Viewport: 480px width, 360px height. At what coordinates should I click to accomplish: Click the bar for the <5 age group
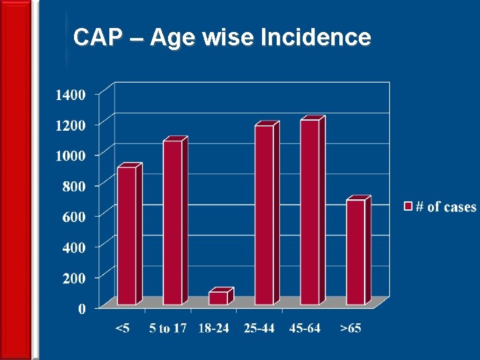[x=127, y=235]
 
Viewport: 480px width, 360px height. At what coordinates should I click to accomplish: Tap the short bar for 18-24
[x=218, y=298]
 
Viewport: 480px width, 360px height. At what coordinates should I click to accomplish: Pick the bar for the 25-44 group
[x=264, y=215]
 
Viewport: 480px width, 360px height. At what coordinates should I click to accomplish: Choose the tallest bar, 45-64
[x=309, y=212]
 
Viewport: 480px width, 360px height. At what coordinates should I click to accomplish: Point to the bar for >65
[x=355, y=252]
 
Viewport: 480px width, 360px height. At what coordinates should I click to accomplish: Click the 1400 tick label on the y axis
[x=70, y=95]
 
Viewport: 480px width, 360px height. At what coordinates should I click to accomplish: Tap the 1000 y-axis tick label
[x=70, y=155]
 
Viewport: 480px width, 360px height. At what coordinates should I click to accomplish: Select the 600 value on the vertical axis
[x=73, y=217]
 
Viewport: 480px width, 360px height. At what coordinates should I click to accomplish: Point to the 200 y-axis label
[x=73, y=278]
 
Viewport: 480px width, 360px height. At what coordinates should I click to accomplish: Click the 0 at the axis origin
[x=82, y=309]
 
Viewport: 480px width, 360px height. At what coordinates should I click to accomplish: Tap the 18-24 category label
[x=214, y=329]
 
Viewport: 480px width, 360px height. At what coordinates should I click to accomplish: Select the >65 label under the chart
[x=351, y=329]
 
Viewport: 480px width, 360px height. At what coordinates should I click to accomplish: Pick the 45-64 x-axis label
[x=305, y=329]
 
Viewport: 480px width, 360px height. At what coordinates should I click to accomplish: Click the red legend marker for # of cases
[x=408, y=207]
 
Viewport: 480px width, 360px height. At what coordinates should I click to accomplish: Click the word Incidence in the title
[x=315, y=37]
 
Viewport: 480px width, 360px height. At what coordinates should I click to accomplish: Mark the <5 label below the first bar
[x=123, y=329]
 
